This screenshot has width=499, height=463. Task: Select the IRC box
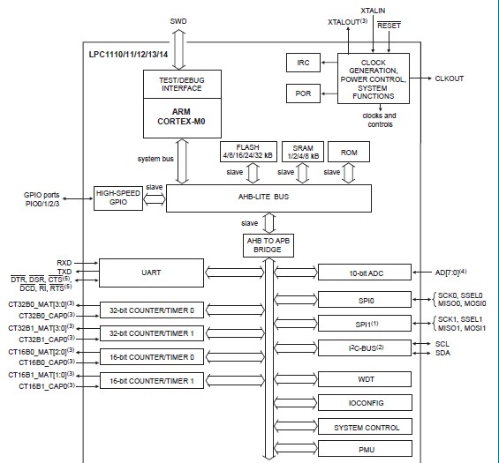(302, 63)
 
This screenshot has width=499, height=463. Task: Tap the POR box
(302, 93)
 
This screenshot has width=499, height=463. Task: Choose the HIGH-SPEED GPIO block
(118, 197)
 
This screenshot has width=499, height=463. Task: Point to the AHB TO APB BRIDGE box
(266, 244)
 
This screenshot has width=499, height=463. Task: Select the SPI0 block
(365, 300)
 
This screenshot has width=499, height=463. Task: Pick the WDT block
(365, 378)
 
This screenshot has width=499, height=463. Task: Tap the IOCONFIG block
(365, 402)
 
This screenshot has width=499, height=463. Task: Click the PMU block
(365, 450)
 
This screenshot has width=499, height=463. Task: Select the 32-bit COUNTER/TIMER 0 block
(151, 310)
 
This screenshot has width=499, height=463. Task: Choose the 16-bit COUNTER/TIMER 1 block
(151, 380)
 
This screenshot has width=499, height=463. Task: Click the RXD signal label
(64, 262)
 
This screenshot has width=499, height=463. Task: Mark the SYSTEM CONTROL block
(365, 426)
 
